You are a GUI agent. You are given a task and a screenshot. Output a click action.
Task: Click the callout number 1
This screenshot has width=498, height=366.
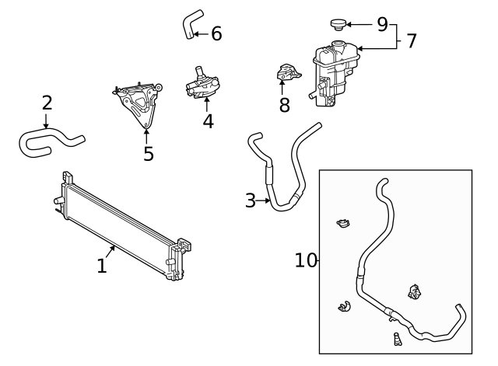pyautogui.click(x=101, y=266)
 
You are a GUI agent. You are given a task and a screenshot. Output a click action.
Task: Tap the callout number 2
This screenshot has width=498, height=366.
pyautogui.click(x=47, y=103)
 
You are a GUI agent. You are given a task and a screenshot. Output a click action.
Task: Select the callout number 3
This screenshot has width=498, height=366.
pyautogui.click(x=250, y=200)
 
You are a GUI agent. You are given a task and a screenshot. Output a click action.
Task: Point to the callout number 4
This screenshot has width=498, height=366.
pyautogui.click(x=208, y=121)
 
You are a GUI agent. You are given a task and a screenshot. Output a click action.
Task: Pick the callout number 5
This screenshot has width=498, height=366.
pyautogui.click(x=148, y=154)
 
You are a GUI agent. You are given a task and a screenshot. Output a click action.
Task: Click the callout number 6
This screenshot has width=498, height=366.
pyautogui.click(x=216, y=33)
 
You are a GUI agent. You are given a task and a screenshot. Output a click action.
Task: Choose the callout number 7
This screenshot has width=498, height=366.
pyautogui.click(x=412, y=41)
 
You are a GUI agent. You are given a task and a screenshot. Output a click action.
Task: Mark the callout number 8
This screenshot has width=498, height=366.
pyautogui.click(x=285, y=106)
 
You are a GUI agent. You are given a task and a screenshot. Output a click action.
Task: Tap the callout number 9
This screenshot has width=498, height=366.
pyautogui.click(x=382, y=24)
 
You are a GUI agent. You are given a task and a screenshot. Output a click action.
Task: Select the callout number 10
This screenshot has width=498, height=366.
pyautogui.click(x=307, y=260)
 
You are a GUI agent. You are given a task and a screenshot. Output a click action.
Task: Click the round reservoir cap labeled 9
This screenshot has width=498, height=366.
pyautogui.click(x=339, y=25)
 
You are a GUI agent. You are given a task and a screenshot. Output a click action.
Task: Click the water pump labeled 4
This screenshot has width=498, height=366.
pyautogui.click(x=202, y=84)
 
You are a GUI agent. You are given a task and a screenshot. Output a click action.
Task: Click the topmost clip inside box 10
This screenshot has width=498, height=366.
pyautogui.click(x=342, y=225)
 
